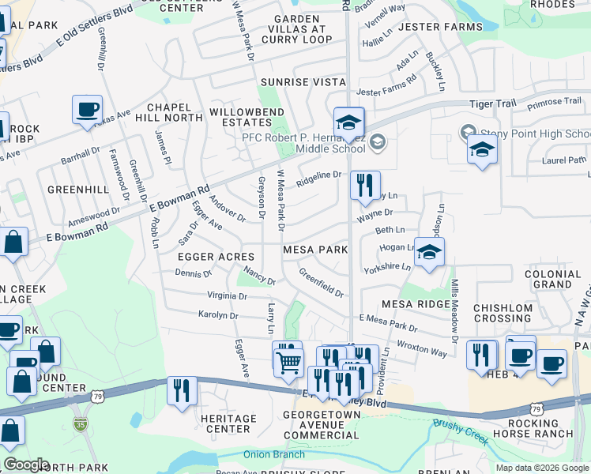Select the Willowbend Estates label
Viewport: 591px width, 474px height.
(x=240, y=117)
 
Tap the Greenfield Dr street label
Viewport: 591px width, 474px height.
(x=321, y=282)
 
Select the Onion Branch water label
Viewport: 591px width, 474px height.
(x=273, y=454)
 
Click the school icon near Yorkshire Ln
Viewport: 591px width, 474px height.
(x=429, y=253)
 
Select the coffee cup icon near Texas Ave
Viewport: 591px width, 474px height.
(x=87, y=109)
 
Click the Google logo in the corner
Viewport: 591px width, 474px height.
(x=27, y=465)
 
